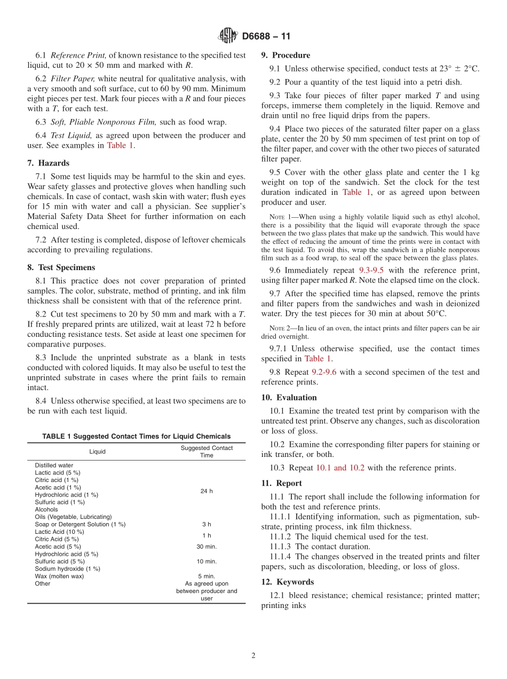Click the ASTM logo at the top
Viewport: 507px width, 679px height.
[228, 36]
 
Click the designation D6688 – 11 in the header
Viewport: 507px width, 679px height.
[266, 36]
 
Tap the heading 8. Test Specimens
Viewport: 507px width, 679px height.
[61, 267]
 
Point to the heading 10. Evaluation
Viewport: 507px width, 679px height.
[289, 397]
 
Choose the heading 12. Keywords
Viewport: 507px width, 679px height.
[287, 582]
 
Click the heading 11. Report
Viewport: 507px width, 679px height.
[281, 483]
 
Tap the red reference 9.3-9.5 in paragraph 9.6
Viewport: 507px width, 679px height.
[371, 270]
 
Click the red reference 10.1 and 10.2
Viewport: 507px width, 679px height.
[340, 468]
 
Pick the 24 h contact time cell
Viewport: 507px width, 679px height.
[207, 491]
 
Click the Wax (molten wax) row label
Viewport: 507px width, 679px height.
[59, 576]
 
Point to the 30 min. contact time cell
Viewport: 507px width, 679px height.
[207, 547]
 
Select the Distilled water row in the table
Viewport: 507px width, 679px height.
[54, 465]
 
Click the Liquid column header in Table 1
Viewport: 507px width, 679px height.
[97, 452]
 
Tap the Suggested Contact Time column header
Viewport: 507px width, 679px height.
[207, 452]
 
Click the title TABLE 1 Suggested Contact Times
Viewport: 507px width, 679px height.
[137, 436]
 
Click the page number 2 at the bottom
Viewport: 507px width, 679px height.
[253, 656]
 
